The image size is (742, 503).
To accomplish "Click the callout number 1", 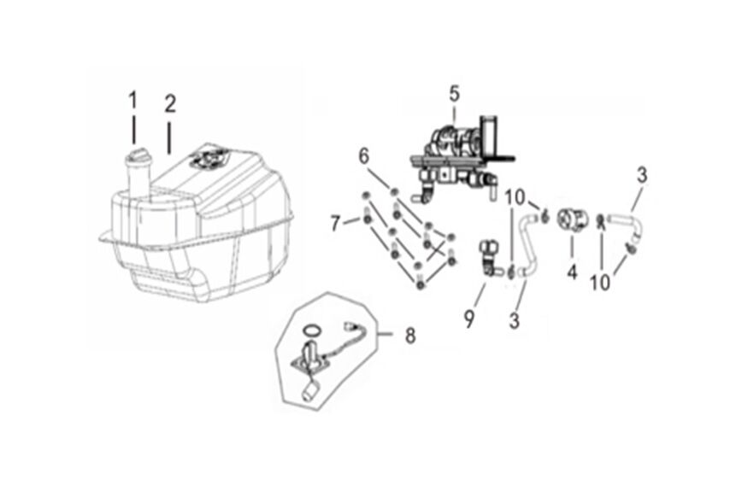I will (x=132, y=101).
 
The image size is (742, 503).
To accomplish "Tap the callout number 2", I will (x=170, y=103).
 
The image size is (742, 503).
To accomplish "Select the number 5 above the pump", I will (x=454, y=91).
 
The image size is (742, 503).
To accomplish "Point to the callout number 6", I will (x=364, y=156).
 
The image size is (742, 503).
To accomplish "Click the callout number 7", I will (x=336, y=225).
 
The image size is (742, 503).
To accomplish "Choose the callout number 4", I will (x=572, y=273).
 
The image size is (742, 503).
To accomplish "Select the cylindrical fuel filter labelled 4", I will (x=570, y=221).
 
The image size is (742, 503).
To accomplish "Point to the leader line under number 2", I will (x=169, y=136).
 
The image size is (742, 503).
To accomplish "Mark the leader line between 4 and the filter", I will (x=571, y=250).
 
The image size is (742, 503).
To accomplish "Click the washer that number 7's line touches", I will (x=368, y=220).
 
